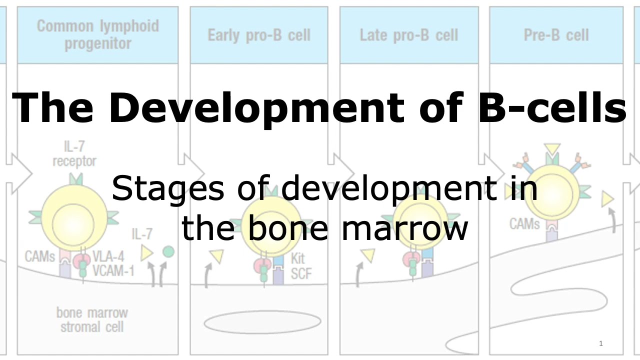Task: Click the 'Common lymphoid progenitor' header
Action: point(97,34)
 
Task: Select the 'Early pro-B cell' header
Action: point(259,35)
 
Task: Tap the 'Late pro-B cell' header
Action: point(408,35)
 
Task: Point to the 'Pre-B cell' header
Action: point(556,35)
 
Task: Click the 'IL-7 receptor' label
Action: point(74,154)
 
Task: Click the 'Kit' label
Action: point(297,259)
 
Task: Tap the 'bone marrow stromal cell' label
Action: point(92,320)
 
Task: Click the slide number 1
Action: point(600,343)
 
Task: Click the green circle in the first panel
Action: point(168,251)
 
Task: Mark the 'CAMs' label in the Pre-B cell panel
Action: point(524,223)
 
